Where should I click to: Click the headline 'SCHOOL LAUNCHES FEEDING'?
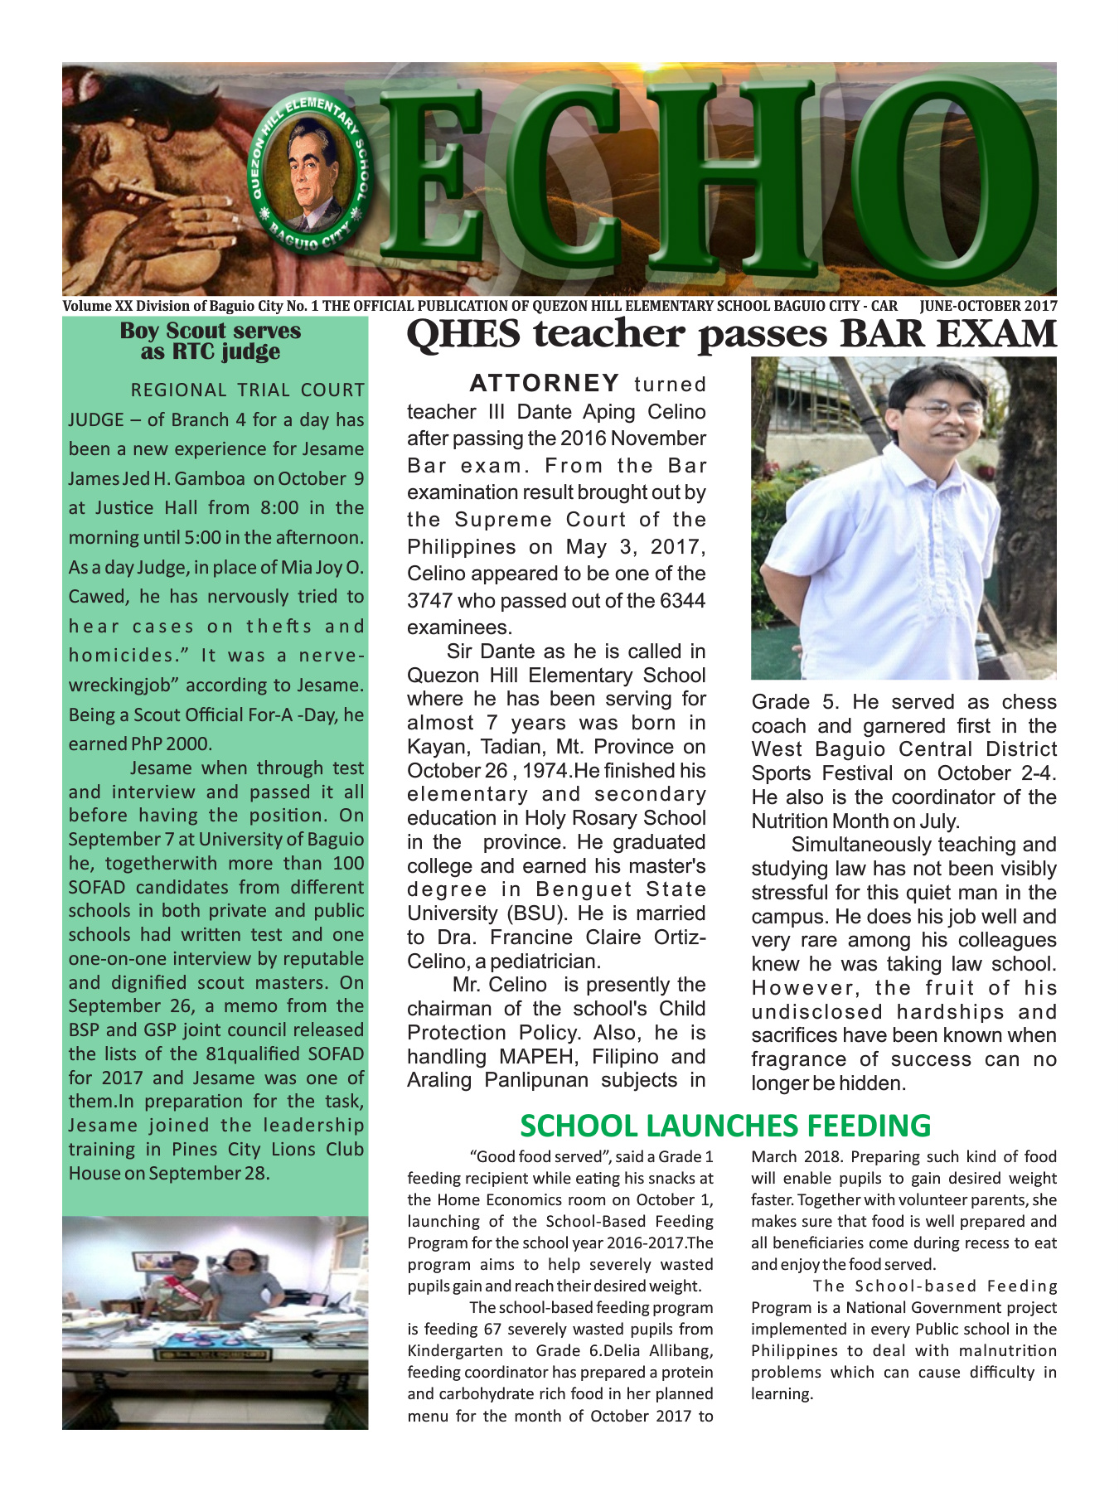click(725, 1126)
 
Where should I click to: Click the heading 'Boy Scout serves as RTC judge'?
click(211, 341)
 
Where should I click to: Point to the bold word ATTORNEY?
click(544, 383)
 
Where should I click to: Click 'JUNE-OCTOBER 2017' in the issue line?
click(988, 306)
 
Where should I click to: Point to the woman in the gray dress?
click(242, 1285)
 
